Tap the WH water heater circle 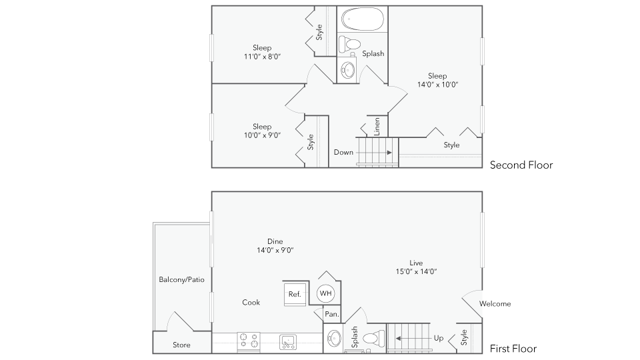325,293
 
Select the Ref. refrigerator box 294,294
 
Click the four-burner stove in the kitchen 249,342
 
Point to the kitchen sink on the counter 289,342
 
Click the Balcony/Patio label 181,279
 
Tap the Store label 181,345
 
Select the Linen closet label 377,126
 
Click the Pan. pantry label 331,314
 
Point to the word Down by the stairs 343,152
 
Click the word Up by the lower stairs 438,338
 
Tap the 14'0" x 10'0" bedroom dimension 437,85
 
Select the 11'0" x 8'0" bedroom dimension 262,57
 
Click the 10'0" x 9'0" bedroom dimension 262,135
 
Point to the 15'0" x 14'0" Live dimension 416,271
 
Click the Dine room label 275,241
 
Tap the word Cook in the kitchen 251,302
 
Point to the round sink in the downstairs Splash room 335,340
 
